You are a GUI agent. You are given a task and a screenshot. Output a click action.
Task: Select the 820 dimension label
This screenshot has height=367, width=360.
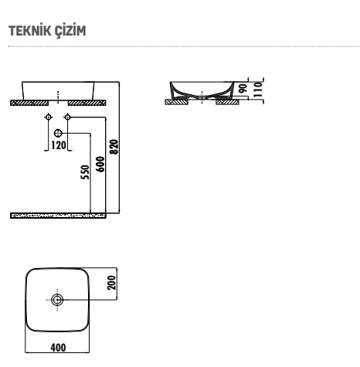click(x=114, y=147)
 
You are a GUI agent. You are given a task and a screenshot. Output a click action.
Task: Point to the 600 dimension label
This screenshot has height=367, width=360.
click(x=100, y=164)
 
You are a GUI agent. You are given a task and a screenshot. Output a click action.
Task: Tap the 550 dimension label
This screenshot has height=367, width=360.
click(x=85, y=172)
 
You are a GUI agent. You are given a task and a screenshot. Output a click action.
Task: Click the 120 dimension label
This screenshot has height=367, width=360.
click(x=59, y=145)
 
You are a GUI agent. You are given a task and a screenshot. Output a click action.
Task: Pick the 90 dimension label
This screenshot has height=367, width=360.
click(x=243, y=88)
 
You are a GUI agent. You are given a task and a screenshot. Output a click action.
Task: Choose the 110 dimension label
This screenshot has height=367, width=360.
click(x=257, y=90)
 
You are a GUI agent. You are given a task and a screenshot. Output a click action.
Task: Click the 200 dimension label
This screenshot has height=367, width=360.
click(x=112, y=283)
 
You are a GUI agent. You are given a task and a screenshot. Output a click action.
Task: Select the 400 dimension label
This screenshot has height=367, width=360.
click(x=58, y=348)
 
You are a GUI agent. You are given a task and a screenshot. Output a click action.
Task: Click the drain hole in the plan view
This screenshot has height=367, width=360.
click(x=57, y=300)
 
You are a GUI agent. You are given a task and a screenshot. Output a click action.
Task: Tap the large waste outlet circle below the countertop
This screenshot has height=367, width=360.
click(x=58, y=133)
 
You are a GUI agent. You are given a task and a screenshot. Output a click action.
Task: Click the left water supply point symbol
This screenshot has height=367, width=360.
click(x=48, y=117)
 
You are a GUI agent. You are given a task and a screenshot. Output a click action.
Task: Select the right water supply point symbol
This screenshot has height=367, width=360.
click(x=67, y=117)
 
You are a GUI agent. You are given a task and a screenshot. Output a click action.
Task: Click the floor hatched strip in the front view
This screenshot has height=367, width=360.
click(x=58, y=216)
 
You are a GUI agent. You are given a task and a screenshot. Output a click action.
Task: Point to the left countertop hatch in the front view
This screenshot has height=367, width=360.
click(x=29, y=103)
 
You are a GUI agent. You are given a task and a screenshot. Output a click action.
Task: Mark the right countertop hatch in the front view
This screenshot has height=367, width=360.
click(x=87, y=103)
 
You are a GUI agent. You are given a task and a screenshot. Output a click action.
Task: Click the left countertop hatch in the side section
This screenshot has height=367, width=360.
click(x=177, y=102)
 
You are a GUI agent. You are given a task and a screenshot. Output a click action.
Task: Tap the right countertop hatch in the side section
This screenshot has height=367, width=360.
click(x=227, y=102)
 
